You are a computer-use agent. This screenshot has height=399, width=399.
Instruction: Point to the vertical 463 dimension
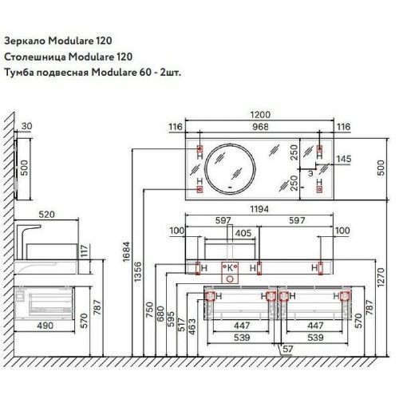tap(192, 326)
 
